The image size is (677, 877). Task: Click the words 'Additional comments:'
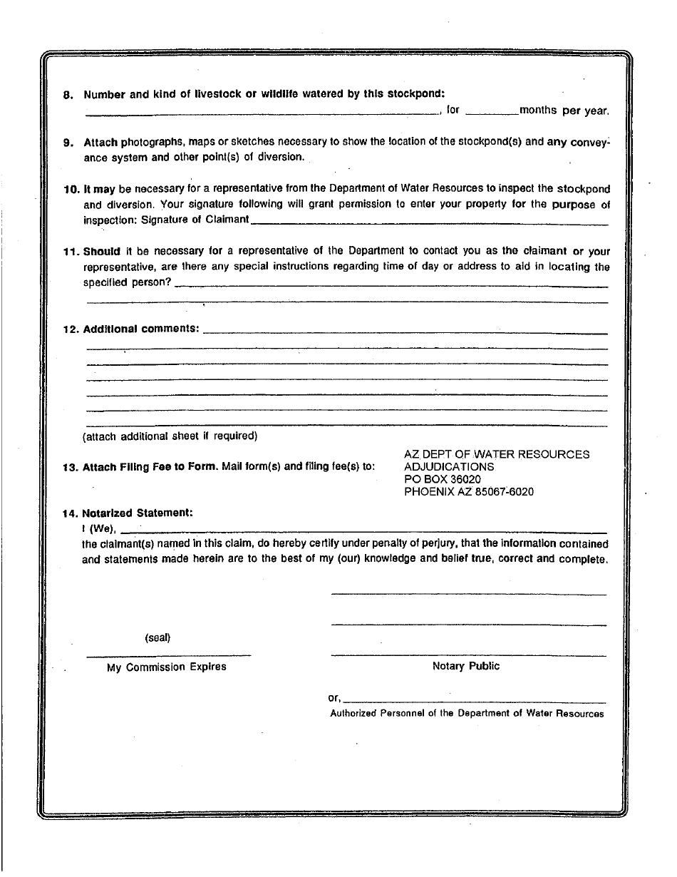click(142, 329)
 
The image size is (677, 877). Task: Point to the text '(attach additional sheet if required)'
click(170, 436)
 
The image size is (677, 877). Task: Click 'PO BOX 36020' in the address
click(442, 479)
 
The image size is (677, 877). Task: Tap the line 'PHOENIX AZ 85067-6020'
click(468, 491)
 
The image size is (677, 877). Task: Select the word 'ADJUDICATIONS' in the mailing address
click(448, 466)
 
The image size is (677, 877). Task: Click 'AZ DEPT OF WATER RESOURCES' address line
click(496, 454)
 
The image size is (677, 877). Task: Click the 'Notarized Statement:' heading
click(138, 513)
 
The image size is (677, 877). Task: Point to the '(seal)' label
click(157, 637)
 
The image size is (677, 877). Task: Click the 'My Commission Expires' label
click(167, 667)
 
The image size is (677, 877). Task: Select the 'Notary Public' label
click(466, 666)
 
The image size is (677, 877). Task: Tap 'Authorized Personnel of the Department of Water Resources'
click(467, 713)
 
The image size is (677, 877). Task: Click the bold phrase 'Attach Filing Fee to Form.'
click(150, 468)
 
